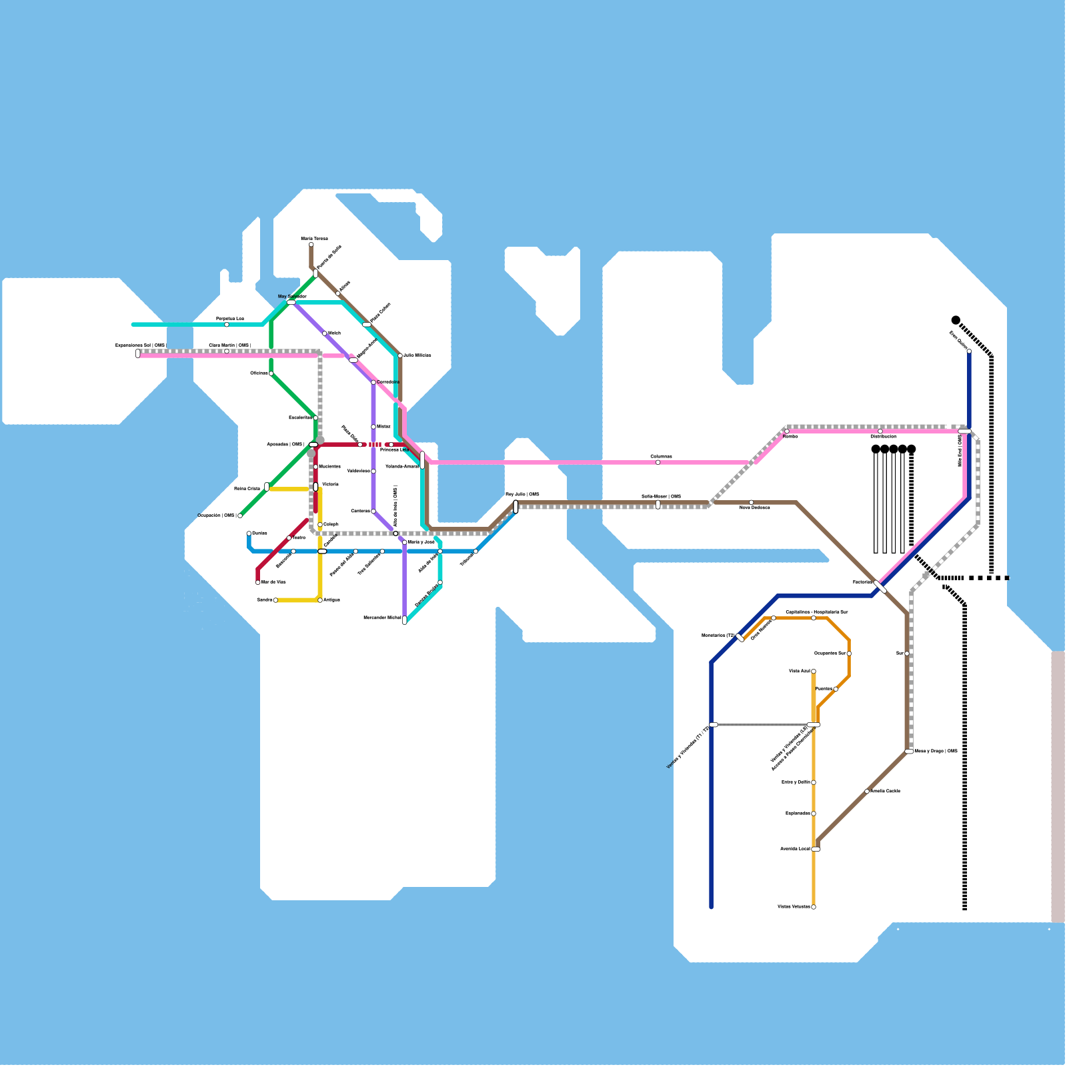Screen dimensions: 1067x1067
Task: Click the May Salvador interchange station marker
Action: [291, 302]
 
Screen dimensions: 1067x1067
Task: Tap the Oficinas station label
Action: [259, 373]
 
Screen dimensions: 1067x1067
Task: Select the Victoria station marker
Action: [316, 487]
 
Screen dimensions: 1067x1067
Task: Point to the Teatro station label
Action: [299, 538]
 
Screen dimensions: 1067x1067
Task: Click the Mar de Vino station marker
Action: [258, 582]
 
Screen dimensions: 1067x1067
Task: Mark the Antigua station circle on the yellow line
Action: [320, 600]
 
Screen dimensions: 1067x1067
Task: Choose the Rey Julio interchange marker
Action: [515, 507]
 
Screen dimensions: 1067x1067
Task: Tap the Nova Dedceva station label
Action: [755, 508]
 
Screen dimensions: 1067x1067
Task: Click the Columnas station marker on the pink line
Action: [658, 462]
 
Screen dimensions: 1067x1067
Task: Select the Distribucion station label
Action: [884, 437]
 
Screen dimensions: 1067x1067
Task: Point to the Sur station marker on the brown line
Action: [907, 654]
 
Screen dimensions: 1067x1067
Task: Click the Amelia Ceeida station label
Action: [886, 792]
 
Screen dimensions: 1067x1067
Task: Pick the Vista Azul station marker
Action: [814, 672]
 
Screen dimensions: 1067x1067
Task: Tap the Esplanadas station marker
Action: [814, 814]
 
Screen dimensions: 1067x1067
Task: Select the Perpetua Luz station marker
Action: [227, 325]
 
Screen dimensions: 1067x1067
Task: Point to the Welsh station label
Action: [334, 333]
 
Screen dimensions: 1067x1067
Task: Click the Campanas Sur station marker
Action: [849, 654]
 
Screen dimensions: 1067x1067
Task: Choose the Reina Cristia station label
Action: [247, 489]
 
